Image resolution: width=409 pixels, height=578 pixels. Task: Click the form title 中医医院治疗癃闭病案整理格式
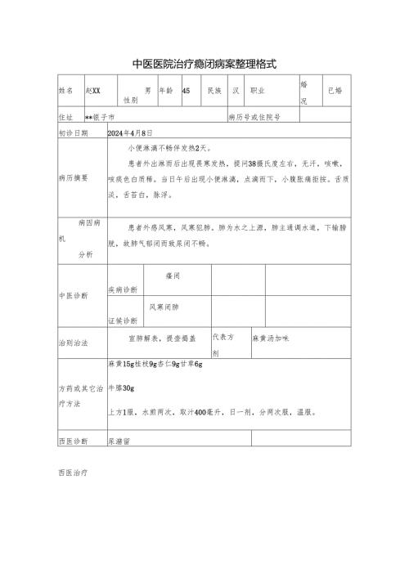click(204, 63)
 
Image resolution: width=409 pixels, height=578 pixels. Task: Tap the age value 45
click(187, 91)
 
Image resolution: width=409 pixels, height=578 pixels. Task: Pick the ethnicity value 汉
click(235, 91)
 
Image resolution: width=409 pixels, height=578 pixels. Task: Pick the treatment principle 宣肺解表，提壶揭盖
click(158, 338)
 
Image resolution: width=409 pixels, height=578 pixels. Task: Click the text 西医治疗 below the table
click(74, 473)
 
